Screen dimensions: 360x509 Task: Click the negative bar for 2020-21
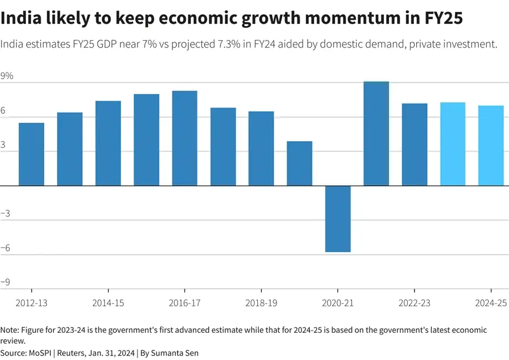coord(338,219)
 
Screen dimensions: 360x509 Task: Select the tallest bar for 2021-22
coord(376,134)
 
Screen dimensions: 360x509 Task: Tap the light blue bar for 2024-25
coord(491,145)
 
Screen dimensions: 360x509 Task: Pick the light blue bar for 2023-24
coord(452,144)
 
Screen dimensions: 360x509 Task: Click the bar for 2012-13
coord(31,154)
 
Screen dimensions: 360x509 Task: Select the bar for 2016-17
coord(184,138)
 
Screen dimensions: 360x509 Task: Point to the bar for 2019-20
coord(299,163)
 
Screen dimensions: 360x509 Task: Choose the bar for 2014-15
coord(108,143)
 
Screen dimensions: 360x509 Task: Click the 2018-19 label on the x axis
coord(261,303)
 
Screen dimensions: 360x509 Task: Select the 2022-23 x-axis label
coord(414,303)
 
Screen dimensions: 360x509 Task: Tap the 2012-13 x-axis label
coord(31,303)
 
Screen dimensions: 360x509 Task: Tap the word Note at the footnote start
coord(9,329)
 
